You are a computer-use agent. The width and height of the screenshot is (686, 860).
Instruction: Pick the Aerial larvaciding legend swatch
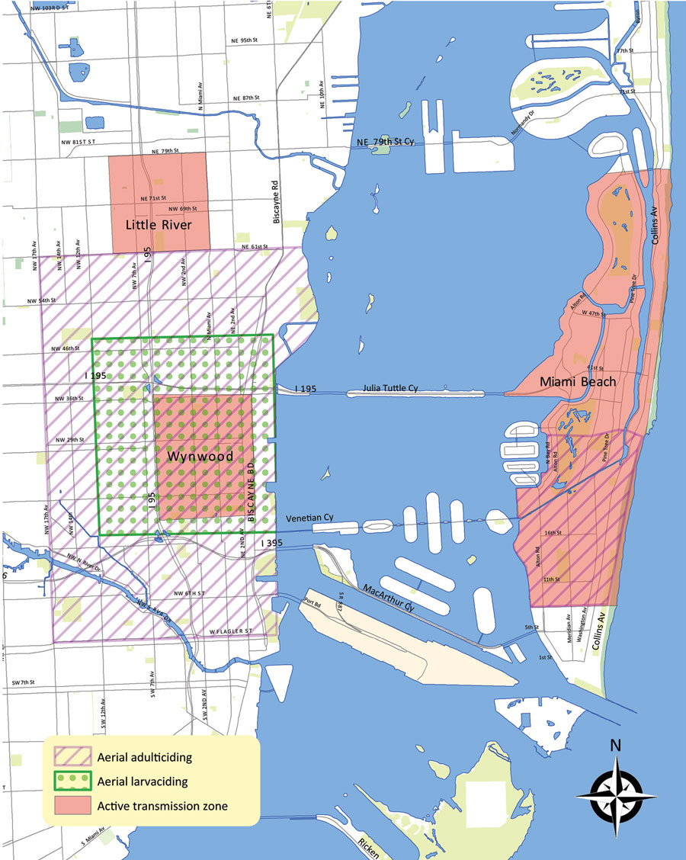[72, 781]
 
